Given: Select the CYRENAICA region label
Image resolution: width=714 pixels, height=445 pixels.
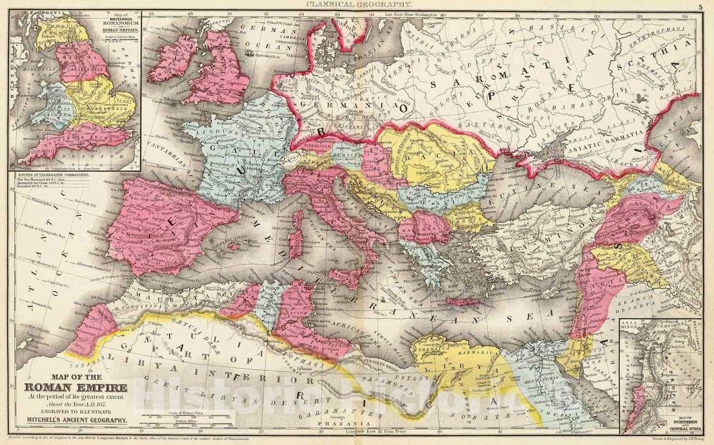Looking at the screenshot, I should (430, 348).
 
